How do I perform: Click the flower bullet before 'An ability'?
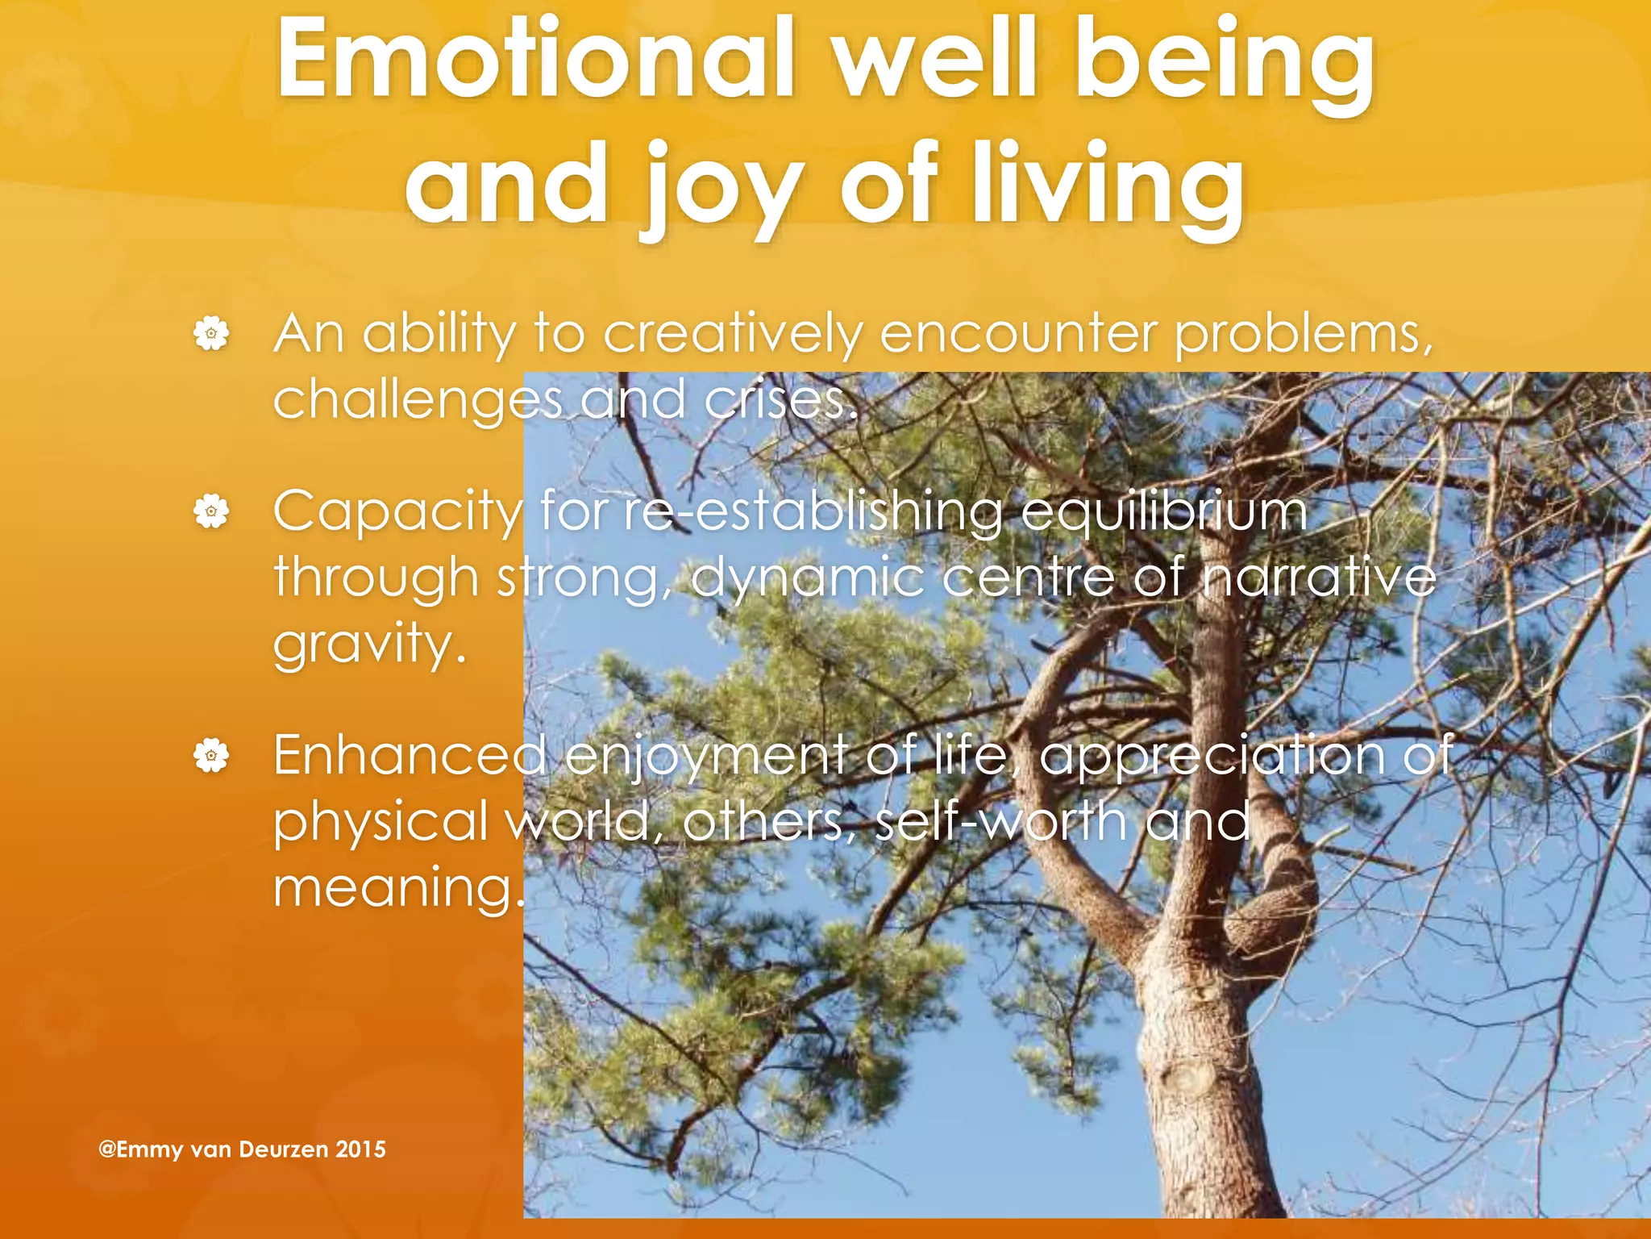(x=211, y=333)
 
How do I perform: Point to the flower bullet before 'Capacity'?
(x=211, y=511)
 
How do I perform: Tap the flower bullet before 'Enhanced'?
(x=211, y=756)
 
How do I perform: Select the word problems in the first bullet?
(x=1303, y=335)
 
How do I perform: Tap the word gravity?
(x=369, y=645)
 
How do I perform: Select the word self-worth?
(x=1000, y=822)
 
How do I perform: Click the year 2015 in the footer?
(x=360, y=1149)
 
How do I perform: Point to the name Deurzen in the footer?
(x=283, y=1149)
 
